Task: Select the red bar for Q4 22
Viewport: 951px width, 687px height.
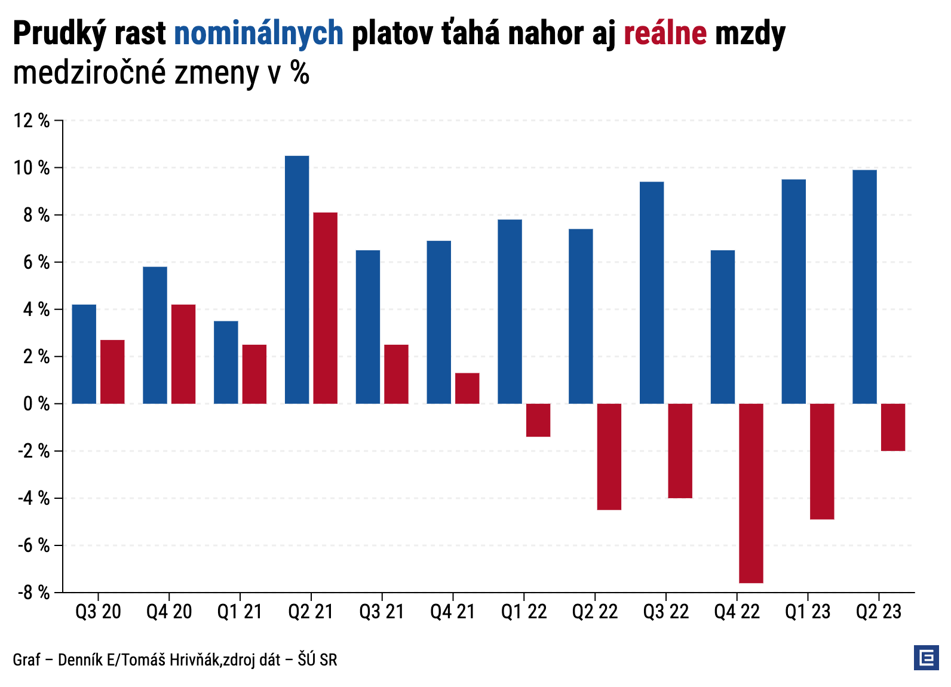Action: point(751,493)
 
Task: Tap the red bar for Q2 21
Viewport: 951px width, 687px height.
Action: point(325,308)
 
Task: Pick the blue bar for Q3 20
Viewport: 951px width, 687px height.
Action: point(84,354)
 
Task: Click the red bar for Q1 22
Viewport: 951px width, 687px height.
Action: point(538,420)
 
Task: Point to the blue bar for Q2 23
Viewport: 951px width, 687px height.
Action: point(864,287)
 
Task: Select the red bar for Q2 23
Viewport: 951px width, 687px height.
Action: point(893,427)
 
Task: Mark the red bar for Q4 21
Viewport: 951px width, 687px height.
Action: point(467,388)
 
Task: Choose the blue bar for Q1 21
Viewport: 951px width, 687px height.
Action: point(226,363)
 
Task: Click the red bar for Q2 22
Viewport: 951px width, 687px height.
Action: point(609,456)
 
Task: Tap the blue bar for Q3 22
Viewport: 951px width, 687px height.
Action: point(652,293)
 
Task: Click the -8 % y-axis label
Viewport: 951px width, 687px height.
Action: point(33,593)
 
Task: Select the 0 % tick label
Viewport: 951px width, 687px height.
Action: point(36,404)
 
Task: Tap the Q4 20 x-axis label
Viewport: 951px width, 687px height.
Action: point(169,612)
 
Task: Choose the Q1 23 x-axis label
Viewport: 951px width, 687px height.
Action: point(808,612)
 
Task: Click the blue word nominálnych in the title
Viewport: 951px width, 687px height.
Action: point(259,33)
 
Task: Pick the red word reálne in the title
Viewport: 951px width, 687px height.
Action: point(665,33)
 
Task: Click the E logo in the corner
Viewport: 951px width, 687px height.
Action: point(926,658)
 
